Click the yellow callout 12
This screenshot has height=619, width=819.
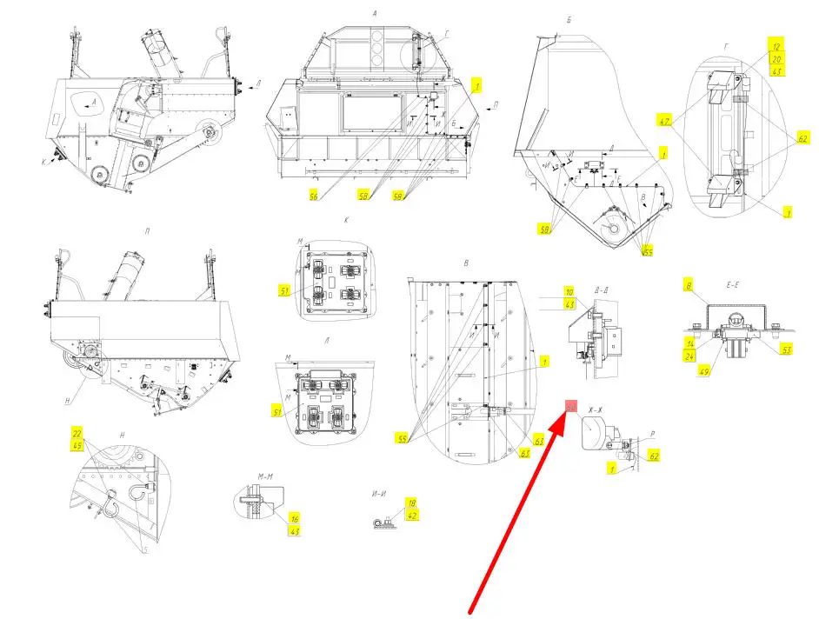tap(776, 43)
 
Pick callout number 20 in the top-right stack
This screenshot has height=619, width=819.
tap(776, 57)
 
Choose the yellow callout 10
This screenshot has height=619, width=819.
tap(569, 291)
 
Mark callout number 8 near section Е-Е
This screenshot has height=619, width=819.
tap(689, 285)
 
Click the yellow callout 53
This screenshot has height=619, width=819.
tap(787, 349)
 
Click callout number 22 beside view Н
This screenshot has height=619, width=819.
tap(77, 433)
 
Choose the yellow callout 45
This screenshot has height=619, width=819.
tap(77, 446)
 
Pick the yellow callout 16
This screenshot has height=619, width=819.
tap(296, 518)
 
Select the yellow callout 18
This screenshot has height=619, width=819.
tap(411, 503)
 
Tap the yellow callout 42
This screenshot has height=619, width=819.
tap(411, 516)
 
